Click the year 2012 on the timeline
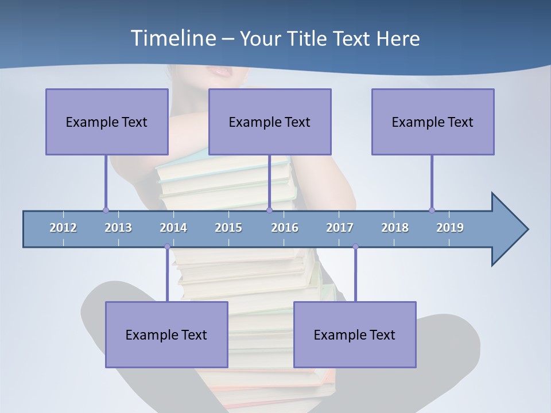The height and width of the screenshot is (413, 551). [x=63, y=228]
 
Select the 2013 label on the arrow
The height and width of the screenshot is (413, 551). [x=118, y=228]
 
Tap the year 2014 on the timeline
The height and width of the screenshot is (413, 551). [x=173, y=228]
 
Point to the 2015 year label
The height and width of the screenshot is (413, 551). [x=228, y=228]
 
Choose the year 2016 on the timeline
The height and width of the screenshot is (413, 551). [x=285, y=228]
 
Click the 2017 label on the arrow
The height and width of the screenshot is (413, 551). [x=340, y=228]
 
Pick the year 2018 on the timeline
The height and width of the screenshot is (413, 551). [x=395, y=228]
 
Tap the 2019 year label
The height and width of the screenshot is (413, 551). [x=450, y=228]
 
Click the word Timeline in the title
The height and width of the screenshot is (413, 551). [x=172, y=38]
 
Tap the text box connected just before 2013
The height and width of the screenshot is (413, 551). [x=107, y=122]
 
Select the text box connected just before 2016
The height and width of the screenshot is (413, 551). [x=270, y=122]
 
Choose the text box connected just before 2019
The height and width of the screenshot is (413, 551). [x=433, y=122]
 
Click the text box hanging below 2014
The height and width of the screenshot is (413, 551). [x=166, y=334]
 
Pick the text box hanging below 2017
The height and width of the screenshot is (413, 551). [x=355, y=334]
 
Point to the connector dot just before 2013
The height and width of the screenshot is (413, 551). [x=106, y=210]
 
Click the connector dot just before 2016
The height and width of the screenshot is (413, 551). [x=269, y=210]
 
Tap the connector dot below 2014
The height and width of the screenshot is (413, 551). [x=167, y=247]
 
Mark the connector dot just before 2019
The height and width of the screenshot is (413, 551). [x=432, y=210]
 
